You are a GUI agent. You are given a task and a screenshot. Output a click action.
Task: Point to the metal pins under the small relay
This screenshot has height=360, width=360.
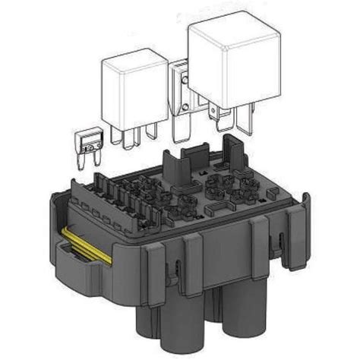click(129, 135)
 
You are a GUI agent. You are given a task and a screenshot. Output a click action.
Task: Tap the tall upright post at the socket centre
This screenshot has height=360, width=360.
click(175, 163)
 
